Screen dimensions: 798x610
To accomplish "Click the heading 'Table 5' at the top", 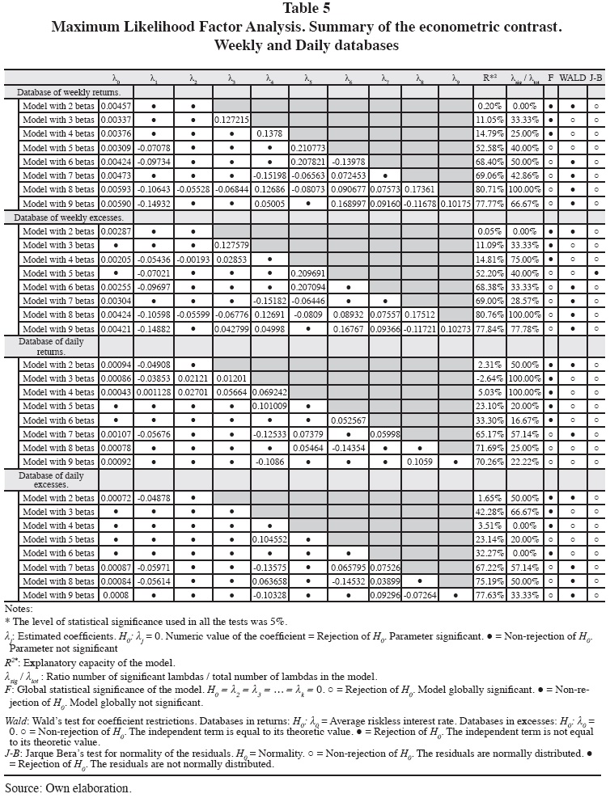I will [304, 11].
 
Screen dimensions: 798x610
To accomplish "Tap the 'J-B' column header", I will [595, 78].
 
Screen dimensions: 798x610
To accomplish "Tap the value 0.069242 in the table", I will [270, 391].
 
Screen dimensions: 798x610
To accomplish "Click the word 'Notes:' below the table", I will [18, 608].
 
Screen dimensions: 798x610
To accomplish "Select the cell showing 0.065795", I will [348, 568].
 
